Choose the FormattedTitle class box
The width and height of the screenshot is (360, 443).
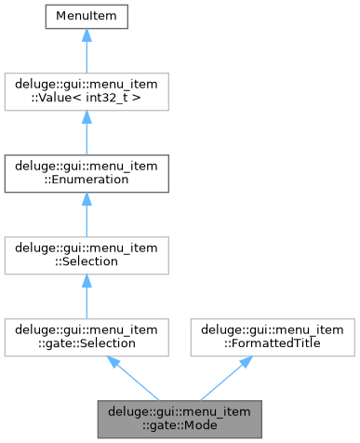270,336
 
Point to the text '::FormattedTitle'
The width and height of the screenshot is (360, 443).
270,343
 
